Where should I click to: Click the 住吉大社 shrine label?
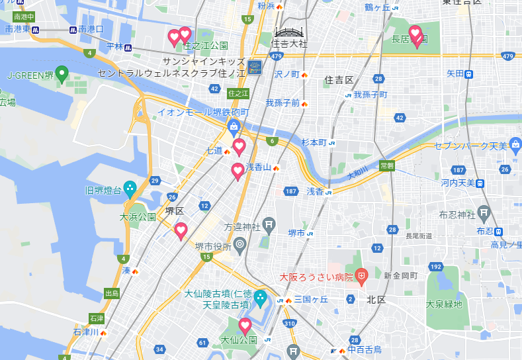click(x=290, y=44)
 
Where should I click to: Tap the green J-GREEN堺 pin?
click(x=62, y=74)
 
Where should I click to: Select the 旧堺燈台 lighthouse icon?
click(x=130, y=189)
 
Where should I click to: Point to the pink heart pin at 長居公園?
click(x=415, y=34)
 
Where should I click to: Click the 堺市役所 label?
click(x=212, y=246)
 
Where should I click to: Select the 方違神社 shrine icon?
click(x=269, y=225)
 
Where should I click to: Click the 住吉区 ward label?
click(x=339, y=79)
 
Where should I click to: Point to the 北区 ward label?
click(x=376, y=299)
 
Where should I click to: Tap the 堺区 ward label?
click(x=174, y=210)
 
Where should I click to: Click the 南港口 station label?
click(x=91, y=30)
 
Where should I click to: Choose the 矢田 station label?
click(x=455, y=74)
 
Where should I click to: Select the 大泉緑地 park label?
click(x=444, y=304)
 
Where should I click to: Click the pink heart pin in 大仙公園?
click(x=245, y=326)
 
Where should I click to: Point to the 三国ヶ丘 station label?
click(x=311, y=300)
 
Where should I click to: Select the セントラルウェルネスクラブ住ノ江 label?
click(x=171, y=72)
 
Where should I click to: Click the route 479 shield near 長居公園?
click(x=507, y=56)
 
